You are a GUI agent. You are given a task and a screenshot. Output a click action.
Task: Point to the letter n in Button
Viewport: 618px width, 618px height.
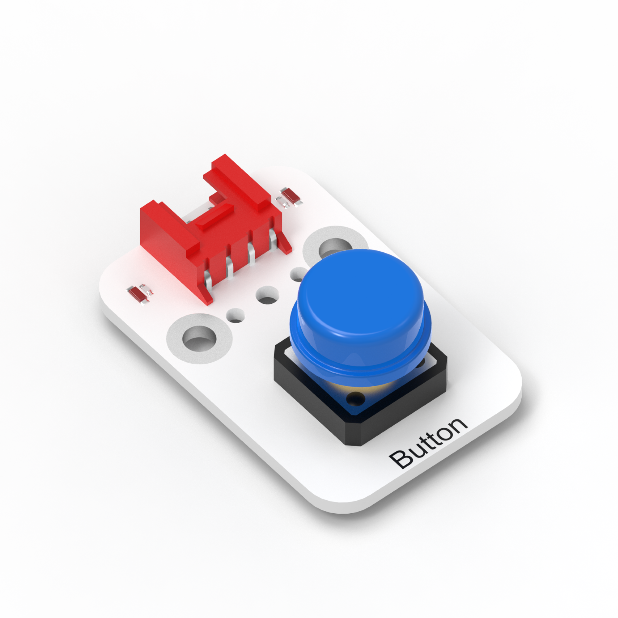click(x=457, y=426)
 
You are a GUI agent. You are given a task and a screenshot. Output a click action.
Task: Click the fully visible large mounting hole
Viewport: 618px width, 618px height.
click(x=199, y=339)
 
